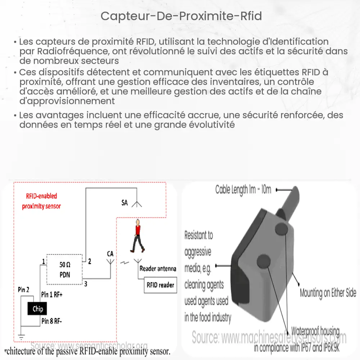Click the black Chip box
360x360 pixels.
click(38, 309)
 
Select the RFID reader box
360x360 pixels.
click(160, 285)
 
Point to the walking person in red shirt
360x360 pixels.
click(137, 238)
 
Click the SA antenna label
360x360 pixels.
click(125, 203)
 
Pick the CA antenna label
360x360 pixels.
click(110, 254)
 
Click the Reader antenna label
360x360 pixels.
click(158, 269)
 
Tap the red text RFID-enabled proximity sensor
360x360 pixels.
click(41, 201)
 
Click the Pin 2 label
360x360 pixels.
click(24, 289)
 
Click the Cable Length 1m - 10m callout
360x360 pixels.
click(243, 189)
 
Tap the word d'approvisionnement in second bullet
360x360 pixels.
click(67, 101)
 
